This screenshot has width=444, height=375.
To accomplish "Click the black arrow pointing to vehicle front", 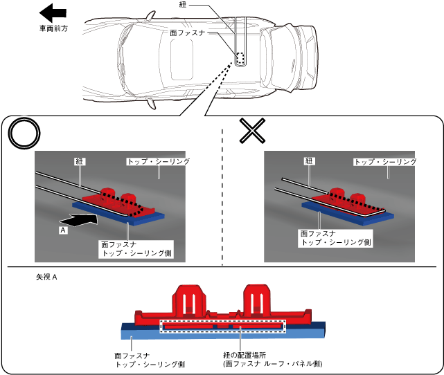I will tap(53, 12).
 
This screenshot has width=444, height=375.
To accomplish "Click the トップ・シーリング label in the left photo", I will tap(158, 161).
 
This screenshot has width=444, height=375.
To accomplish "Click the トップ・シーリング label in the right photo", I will tap(385, 161).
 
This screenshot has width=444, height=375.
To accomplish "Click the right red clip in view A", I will tap(258, 301).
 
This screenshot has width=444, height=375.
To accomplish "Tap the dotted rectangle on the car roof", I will tap(240, 59).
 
